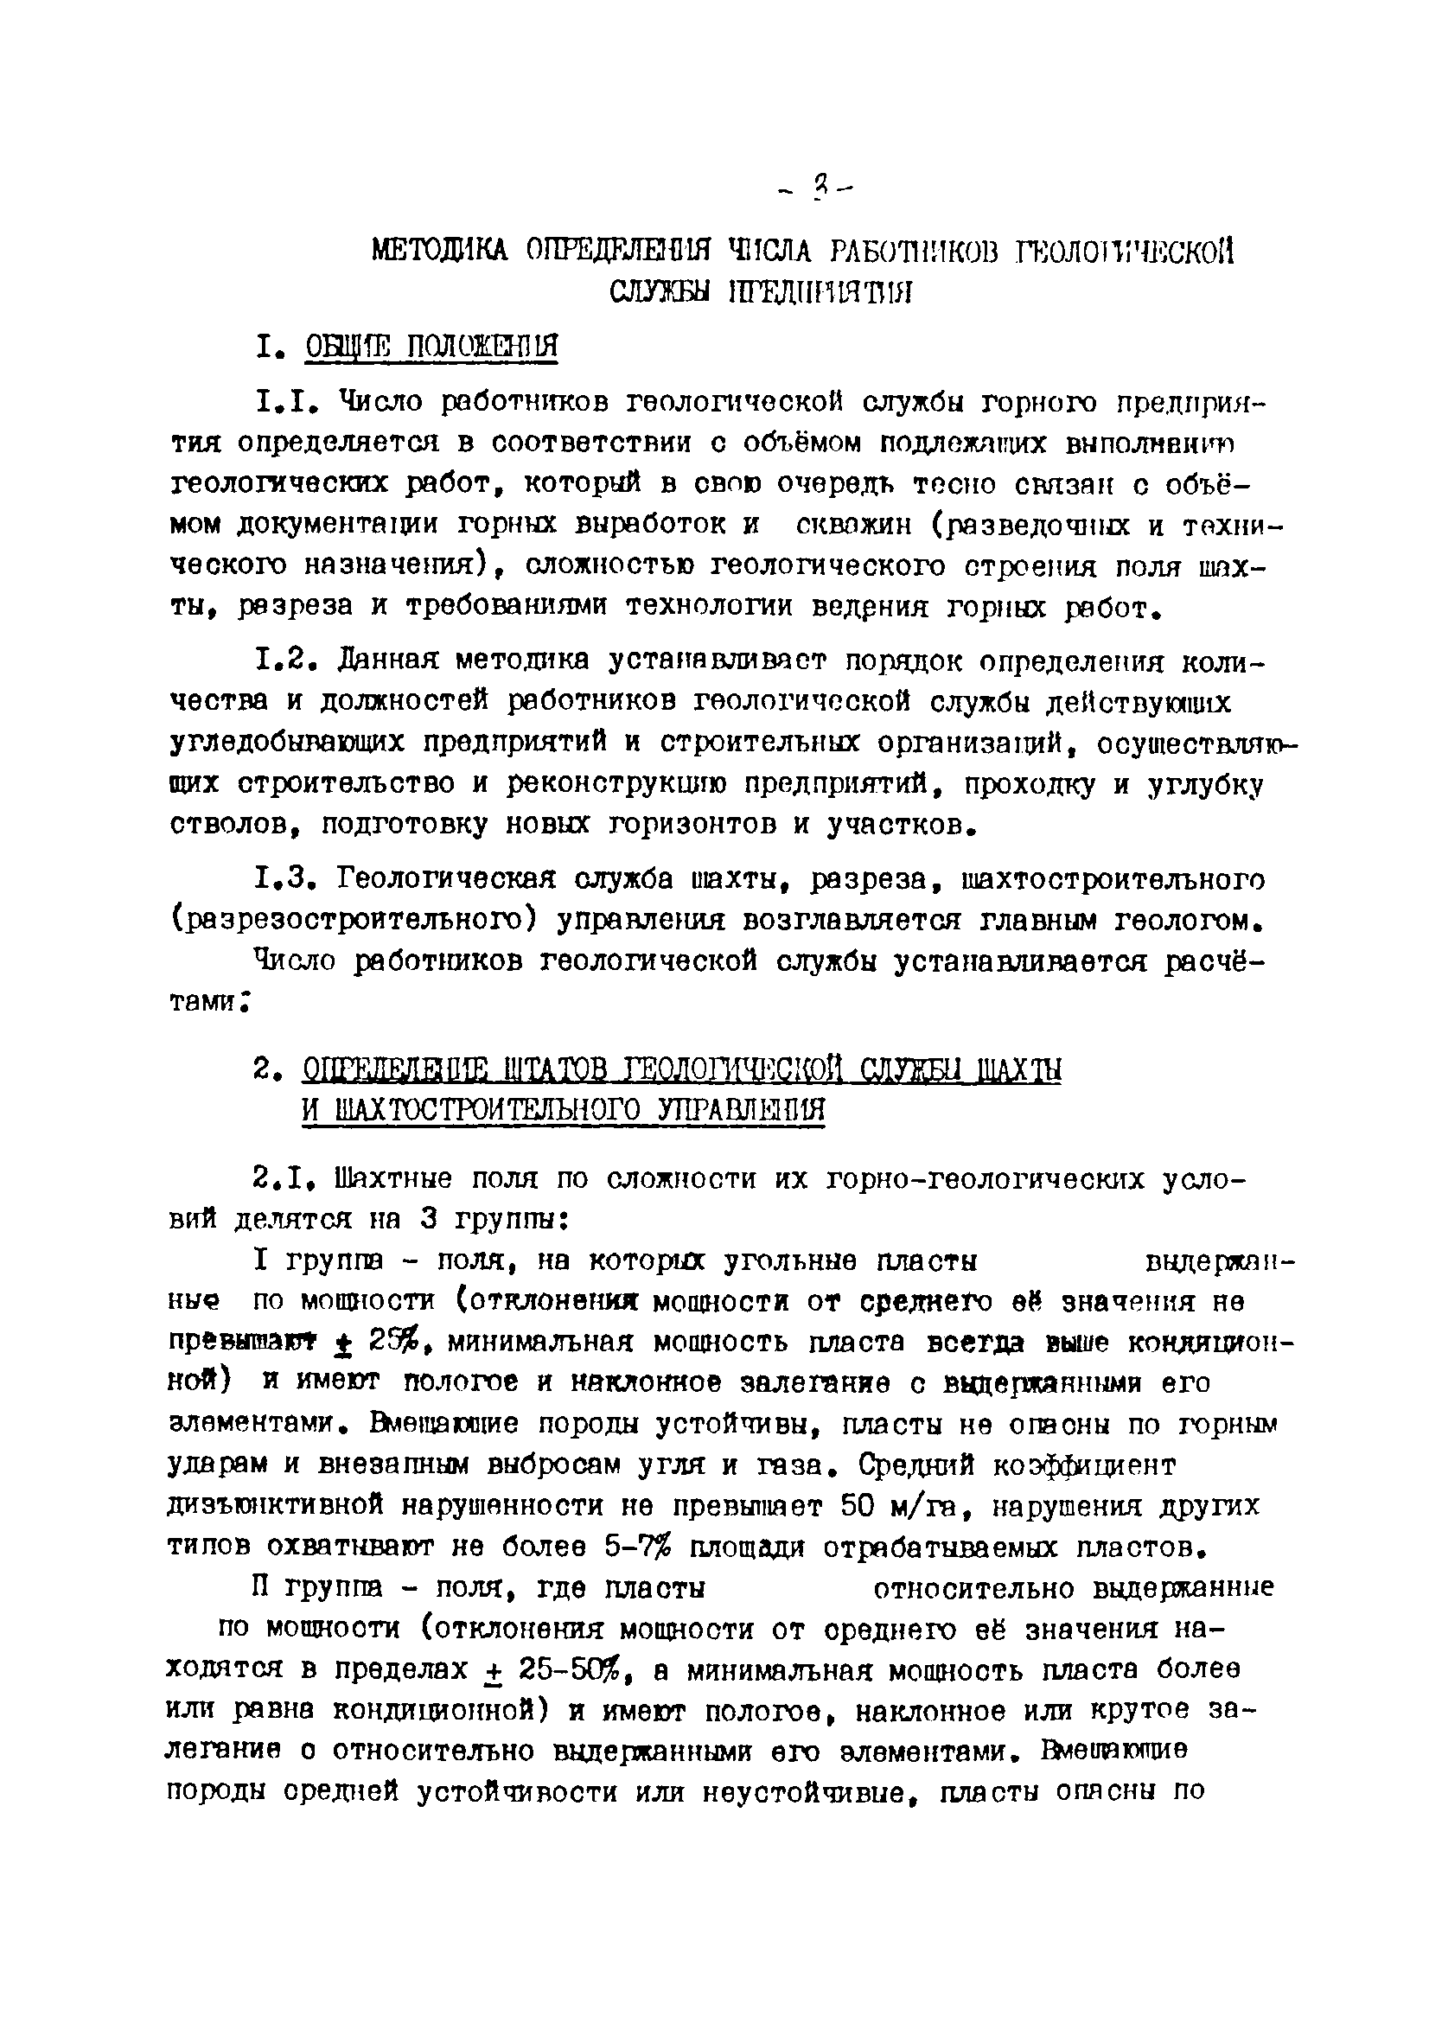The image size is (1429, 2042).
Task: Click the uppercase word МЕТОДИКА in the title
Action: click(438, 252)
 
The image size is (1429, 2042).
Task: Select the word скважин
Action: click(855, 525)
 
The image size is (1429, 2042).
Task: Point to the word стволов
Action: click(232, 825)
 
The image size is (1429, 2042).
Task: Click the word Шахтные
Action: click(395, 1179)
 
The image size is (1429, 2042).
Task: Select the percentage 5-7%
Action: click(635, 1547)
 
